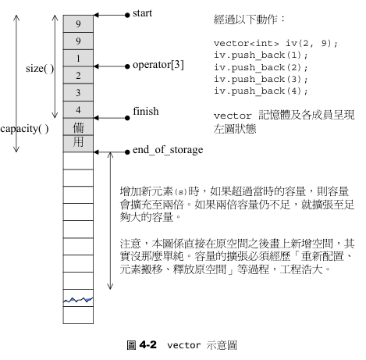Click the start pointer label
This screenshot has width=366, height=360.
(142, 13)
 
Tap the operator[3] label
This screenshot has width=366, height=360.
(158, 65)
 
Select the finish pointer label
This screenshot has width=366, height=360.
(146, 111)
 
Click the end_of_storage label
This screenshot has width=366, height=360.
(168, 150)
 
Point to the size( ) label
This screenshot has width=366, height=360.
(40, 69)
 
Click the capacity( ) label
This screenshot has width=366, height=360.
(24, 129)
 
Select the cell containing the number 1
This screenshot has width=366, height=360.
(78, 58)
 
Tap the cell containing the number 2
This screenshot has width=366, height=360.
(78, 75)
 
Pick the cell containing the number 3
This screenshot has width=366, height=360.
(78, 92)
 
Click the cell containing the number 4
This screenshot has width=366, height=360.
(78, 109)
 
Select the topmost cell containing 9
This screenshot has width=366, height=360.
(78, 23)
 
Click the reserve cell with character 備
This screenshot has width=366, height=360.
(78, 127)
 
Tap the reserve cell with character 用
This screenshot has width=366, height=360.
(78, 144)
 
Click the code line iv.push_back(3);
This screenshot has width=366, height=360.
(261, 79)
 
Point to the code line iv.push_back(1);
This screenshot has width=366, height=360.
(261, 55)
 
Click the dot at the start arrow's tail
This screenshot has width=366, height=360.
(127, 15)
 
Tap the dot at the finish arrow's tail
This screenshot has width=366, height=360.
(127, 118)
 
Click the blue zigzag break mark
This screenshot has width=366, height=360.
(78, 300)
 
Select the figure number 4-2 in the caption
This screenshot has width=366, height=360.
(148, 345)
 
